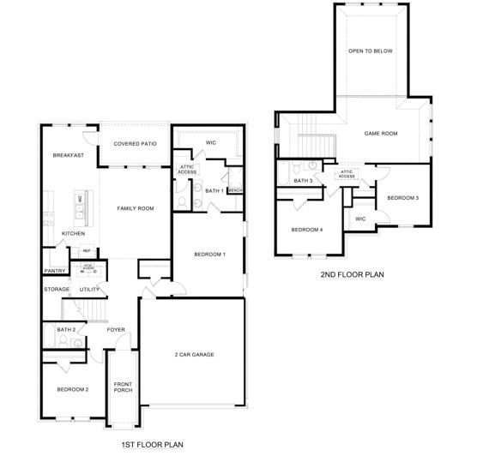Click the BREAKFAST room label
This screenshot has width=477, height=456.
pos(67,155)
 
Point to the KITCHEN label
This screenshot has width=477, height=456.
pos(73,233)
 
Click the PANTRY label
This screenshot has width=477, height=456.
pos(55,271)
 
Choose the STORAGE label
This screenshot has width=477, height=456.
pos(57,290)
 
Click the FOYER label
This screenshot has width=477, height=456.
pos(116,329)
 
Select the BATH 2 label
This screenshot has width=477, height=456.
pos(66,329)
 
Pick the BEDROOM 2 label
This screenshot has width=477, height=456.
pos(73,390)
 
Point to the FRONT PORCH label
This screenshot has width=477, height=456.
pos(123,387)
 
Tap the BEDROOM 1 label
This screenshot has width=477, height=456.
pos(209,255)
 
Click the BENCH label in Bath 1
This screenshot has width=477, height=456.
pos(235,189)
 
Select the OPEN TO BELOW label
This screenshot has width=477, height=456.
pos(370,51)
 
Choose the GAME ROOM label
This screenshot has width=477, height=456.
pos(381,134)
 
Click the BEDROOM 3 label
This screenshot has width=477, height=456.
pos(402,198)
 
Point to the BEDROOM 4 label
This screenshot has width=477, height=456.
pos(306,229)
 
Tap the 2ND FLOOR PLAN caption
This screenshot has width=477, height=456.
pos(352,275)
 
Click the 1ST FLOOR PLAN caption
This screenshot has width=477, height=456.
pos(152,444)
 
